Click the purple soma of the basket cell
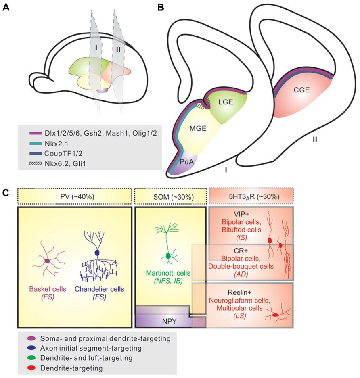pos(47,261)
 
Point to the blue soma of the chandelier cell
pos(96,253)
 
